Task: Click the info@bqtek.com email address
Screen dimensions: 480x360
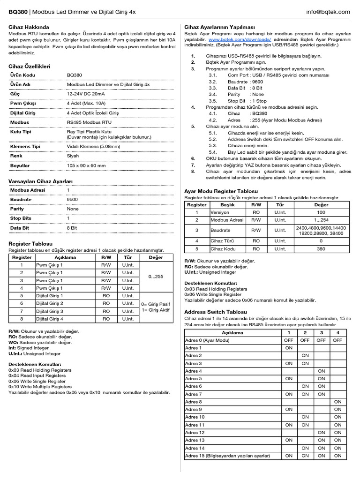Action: pyautogui.click(x=328, y=12)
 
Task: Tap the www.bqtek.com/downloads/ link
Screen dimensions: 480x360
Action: pyautogui.click(x=240, y=40)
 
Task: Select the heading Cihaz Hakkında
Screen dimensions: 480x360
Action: pyautogui.click(x=29, y=28)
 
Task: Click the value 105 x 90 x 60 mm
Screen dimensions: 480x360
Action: pyautogui.click(x=86, y=165)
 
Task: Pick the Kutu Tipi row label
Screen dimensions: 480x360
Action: pyautogui.click(x=21, y=132)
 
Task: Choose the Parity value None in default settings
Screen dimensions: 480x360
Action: pyautogui.click(x=73, y=209)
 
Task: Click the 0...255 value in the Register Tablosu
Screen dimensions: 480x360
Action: pyautogui.click(x=156, y=277)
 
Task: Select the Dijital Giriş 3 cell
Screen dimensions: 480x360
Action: pyautogui.click(x=50, y=311)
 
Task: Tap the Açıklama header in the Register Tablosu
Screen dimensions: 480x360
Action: pyautogui.click(x=65, y=257)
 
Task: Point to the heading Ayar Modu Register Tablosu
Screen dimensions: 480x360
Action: pyautogui.click(x=221, y=192)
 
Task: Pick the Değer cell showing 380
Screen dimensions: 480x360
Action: pyautogui.click(x=321, y=249)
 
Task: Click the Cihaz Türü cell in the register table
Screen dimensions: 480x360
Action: pyautogui.click(x=221, y=240)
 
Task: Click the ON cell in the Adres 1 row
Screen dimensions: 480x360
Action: pyautogui.click(x=288, y=348)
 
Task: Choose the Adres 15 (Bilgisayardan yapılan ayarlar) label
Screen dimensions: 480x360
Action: pyautogui.click(x=228, y=455)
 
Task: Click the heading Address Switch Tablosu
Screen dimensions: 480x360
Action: pyautogui.click(x=215, y=312)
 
